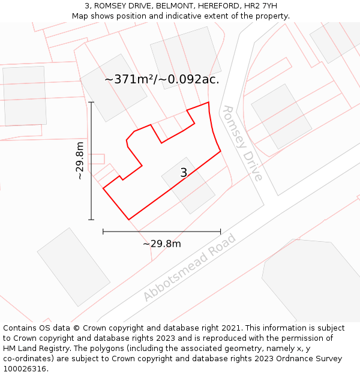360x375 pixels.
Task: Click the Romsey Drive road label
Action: [242, 143]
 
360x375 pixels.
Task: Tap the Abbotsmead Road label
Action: [190, 267]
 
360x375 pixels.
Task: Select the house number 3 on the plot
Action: [184, 173]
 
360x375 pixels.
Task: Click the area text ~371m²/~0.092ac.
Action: [162, 79]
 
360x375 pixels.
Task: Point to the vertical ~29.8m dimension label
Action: [80, 160]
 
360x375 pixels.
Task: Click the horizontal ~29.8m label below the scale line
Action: [161, 244]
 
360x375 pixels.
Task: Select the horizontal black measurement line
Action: [161, 231]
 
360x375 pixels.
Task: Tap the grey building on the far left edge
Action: [24, 95]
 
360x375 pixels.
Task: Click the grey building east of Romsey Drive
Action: [281, 116]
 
